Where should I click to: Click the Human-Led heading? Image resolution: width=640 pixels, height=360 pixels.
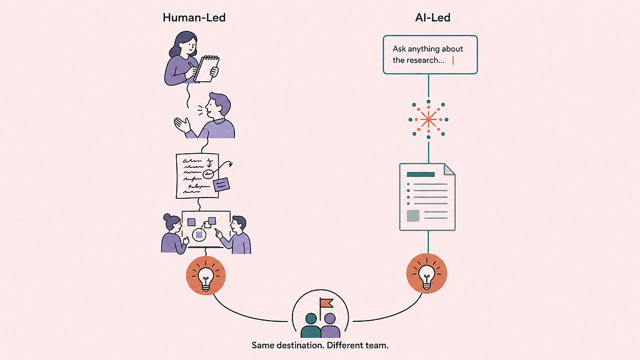[194, 18]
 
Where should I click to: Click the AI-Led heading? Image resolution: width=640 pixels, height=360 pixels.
[433, 18]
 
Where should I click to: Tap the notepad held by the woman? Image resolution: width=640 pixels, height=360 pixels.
[207, 68]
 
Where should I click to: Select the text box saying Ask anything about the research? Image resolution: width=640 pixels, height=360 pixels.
[430, 55]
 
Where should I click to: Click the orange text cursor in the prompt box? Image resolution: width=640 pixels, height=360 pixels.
[453, 60]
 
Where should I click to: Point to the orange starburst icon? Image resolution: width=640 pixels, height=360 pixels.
[429, 119]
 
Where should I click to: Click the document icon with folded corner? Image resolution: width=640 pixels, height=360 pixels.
[427, 197]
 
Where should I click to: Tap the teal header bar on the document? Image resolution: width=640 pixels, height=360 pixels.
[420, 174]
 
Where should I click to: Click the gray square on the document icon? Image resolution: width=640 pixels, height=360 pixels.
[413, 216]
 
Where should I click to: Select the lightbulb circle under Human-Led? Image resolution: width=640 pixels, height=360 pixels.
[206, 276]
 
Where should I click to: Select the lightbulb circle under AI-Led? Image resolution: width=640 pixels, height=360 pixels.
[427, 273]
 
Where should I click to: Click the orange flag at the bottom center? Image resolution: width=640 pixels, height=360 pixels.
[327, 303]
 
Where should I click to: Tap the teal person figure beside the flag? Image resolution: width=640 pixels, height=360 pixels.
[311, 326]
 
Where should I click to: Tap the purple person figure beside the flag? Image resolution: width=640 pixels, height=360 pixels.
[330, 326]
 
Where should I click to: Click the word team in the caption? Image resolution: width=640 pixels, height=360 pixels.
[376, 345]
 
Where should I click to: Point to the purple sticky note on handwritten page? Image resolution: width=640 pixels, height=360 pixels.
[221, 185]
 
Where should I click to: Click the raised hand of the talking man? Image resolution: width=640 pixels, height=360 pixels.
[182, 124]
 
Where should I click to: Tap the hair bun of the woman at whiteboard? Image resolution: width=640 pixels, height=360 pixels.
[168, 217]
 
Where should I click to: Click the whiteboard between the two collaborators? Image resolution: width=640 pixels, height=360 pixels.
[206, 229]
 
